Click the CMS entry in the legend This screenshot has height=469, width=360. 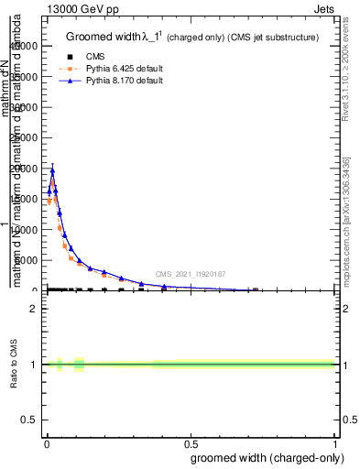point(96,57)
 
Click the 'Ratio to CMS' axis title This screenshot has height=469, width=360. point(15,365)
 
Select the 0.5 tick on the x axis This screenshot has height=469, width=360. point(191,443)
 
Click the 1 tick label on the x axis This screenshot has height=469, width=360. point(334,443)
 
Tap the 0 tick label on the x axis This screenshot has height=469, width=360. point(46,443)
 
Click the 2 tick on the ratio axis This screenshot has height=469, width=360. point(33,309)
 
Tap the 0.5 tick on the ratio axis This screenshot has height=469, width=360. point(29,420)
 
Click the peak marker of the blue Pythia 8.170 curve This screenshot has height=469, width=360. point(52,170)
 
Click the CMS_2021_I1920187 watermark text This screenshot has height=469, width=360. point(190,274)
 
